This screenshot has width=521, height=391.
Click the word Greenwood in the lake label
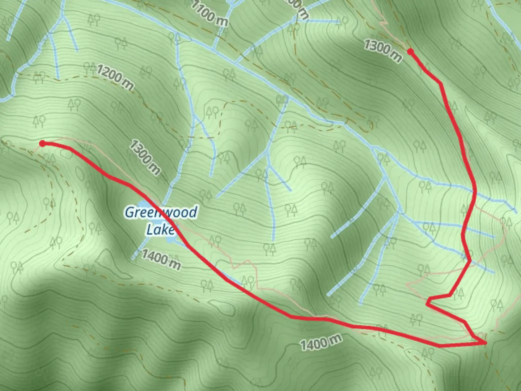(x=161, y=212)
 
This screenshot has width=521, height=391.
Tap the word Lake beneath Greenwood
(x=160, y=229)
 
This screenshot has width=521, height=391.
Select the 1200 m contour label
(x=115, y=77)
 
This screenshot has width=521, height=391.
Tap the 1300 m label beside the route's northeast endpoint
(x=382, y=51)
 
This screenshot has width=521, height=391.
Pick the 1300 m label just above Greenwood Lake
(x=144, y=157)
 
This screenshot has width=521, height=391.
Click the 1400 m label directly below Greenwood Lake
(x=161, y=259)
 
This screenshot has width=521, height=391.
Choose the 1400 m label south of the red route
(x=321, y=342)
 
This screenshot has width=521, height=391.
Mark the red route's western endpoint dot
(x=42, y=144)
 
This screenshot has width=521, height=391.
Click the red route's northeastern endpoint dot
(x=410, y=52)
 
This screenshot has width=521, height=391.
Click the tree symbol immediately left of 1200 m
(x=89, y=67)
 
